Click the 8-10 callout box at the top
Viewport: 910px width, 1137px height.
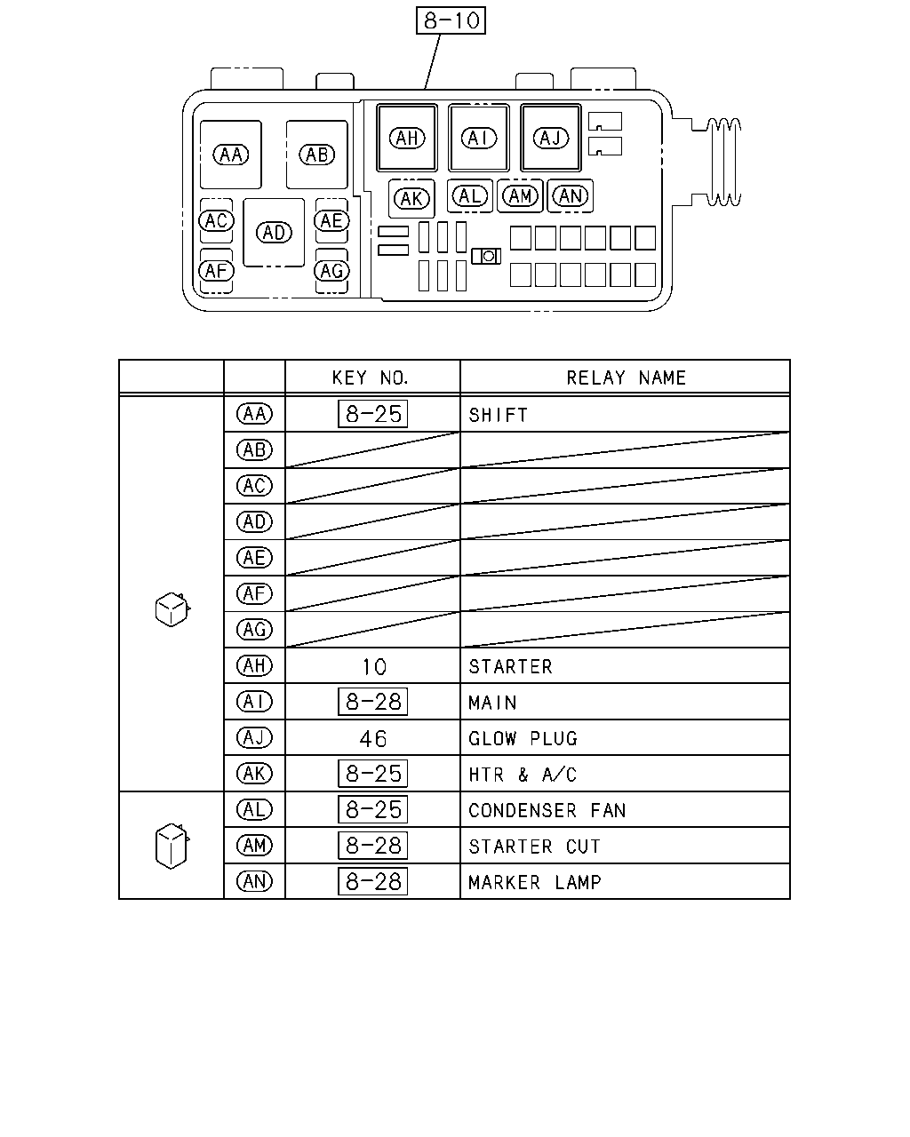coord(451,20)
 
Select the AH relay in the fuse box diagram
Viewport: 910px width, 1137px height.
coord(407,138)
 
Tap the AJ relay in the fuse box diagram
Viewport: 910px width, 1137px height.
coord(550,138)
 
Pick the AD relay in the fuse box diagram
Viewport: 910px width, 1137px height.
coord(274,233)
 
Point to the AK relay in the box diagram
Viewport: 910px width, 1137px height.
coord(411,199)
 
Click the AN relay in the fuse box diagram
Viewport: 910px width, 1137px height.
coord(570,196)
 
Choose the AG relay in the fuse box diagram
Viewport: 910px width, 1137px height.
coord(331,271)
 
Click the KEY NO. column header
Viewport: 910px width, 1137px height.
coord(371,378)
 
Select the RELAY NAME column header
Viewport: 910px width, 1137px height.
coord(626,378)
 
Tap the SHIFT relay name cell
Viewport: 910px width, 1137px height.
coord(498,416)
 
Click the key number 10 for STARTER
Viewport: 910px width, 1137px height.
coord(374,667)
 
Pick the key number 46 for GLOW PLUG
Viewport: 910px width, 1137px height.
coord(373,739)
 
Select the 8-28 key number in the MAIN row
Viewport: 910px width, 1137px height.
coord(372,702)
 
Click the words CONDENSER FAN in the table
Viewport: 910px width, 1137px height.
coord(547,810)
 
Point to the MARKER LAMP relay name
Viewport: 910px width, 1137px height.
coord(535,882)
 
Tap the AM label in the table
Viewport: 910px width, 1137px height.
coord(254,846)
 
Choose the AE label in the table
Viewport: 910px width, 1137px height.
coord(254,558)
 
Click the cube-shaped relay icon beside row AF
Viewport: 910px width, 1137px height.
coord(172,609)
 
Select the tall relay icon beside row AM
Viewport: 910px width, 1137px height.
coord(172,846)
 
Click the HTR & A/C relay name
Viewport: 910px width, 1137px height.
coord(523,775)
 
